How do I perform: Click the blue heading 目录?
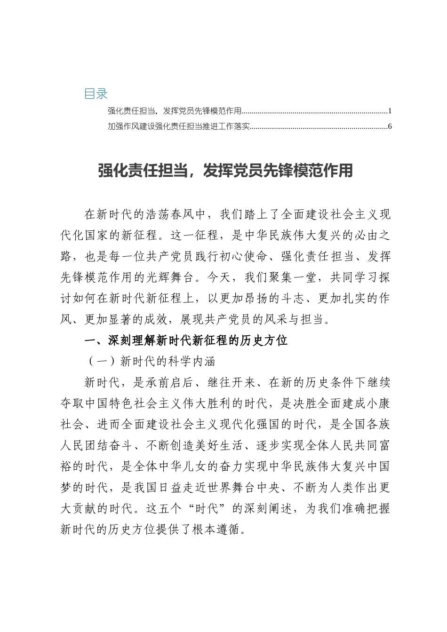click(x=96, y=94)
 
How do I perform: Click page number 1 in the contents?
click(x=390, y=111)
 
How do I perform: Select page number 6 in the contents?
click(x=390, y=126)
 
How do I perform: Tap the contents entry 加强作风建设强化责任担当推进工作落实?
click(x=178, y=126)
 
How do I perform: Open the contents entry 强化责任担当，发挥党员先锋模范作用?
click(x=174, y=111)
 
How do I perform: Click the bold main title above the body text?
click(x=225, y=171)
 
